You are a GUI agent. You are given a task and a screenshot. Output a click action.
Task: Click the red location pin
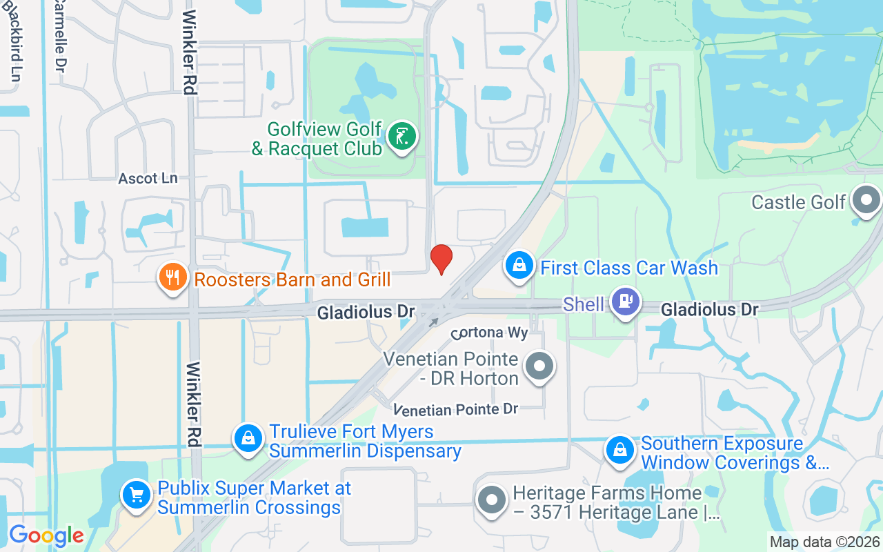pos(441,259)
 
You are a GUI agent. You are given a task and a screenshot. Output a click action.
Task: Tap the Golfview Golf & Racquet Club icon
pos(401,135)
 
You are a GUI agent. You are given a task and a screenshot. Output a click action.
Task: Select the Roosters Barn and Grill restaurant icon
pos(172,277)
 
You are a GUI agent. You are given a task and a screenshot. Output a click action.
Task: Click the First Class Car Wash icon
pos(519,265)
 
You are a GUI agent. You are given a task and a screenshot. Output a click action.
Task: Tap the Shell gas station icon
pos(626,302)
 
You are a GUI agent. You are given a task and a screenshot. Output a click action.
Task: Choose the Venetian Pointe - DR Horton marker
pos(539,366)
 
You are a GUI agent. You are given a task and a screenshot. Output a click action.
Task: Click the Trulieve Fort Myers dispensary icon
pos(248,438)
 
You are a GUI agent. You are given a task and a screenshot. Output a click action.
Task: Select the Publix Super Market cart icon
pos(137,494)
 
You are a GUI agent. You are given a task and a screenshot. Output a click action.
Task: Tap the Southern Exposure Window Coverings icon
pos(620,450)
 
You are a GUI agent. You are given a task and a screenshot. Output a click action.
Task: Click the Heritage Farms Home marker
pos(492,500)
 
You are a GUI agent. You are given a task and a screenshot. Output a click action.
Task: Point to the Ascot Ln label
pos(148,179)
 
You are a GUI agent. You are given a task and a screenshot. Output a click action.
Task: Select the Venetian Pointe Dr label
pos(455,410)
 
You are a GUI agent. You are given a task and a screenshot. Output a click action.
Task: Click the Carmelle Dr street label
pos(60,38)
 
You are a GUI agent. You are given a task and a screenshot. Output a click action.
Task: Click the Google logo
pos(46,535)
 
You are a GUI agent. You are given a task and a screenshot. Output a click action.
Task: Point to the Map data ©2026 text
pos(824,542)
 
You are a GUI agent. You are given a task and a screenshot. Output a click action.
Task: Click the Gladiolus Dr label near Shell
pos(710,310)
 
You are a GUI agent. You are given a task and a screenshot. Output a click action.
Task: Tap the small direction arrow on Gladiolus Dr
pos(434,322)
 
